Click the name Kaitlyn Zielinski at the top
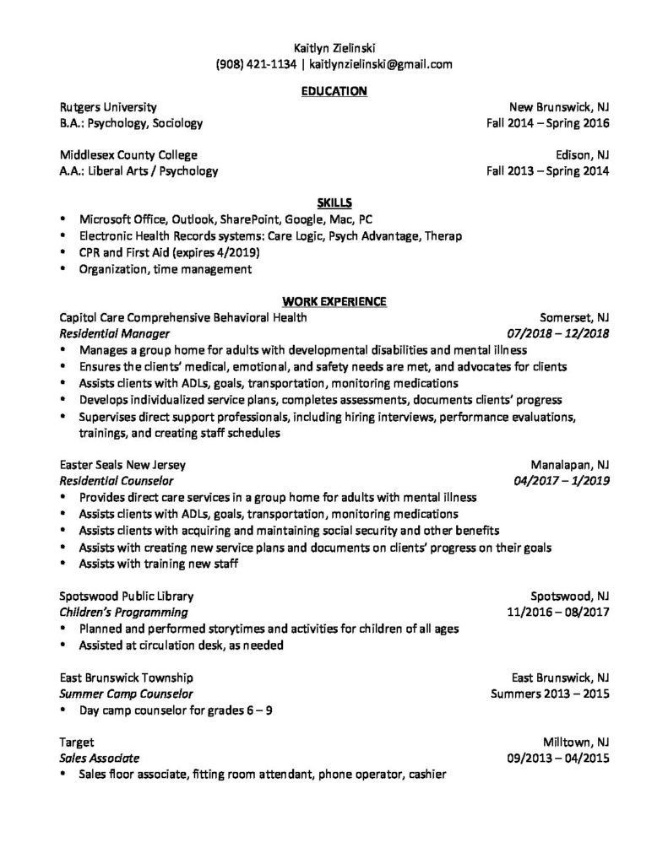pyautogui.click(x=334, y=47)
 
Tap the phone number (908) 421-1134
pyautogui.click(x=256, y=63)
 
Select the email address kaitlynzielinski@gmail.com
pyautogui.click(x=381, y=63)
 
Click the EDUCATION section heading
pyautogui.click(x=334, y=91)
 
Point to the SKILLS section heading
pyautogui.click(x=334, y=202)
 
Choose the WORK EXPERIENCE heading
pyautogui.click(x=334, y=301)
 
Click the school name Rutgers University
pyautogui.click(x=108, y=107)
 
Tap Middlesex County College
pyautogui.click(x=128, y=155)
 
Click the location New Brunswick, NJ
pyautogui.click(x=558, y=107)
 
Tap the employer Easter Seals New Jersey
pyautogui.click(x=123, y=465)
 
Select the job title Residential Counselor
pyautogui.click(x=117, y=481)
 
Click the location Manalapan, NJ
pyautogui.click(x=569, y=465)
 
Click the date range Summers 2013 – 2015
pyautogui.click(x=550, y=694)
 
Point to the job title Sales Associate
pyautogui.click(x=100, y=758)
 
